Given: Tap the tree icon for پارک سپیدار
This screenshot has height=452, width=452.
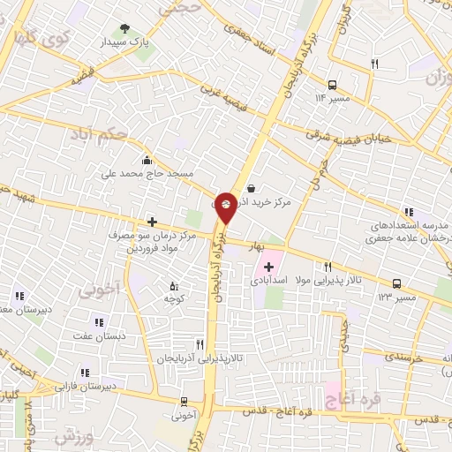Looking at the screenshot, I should pyautogui.click(x=124, y=29).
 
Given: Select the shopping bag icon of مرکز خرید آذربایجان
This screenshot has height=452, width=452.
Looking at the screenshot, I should pyautogui.click(x=252, y=188).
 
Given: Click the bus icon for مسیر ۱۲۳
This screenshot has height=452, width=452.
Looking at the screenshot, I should pyautogui.click(x=396, y=284).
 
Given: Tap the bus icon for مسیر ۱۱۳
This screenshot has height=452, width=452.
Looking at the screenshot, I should pyautogui.click(x=332, y=86).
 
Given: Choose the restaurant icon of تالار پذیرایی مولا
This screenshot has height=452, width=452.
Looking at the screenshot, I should pyautogui.click(x=328, y=267).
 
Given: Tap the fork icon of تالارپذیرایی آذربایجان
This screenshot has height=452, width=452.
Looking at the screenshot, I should pyautogui.click(x=200, y=345).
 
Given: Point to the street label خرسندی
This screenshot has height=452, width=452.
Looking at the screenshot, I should pyautogui.click(x=405, y=358).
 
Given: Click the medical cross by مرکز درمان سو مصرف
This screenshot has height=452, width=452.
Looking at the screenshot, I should pyautogui.click(x=153, y=222).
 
